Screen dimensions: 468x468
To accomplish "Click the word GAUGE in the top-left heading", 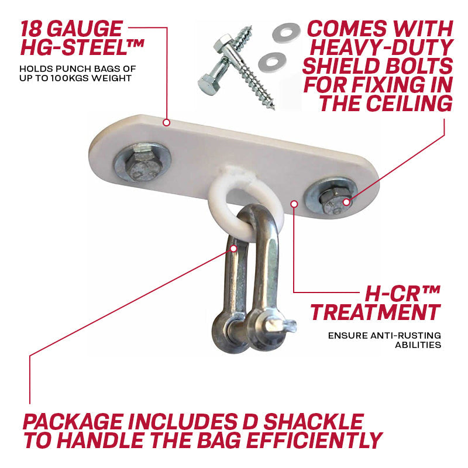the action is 85,29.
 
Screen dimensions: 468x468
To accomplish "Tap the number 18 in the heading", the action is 32,29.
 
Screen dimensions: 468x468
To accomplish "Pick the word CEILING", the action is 409,104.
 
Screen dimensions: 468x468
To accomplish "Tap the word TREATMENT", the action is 376,312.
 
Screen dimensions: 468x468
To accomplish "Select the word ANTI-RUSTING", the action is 405,335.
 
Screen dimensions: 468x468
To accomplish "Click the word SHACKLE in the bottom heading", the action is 314,421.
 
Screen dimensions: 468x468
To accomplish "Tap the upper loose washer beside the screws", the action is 286,32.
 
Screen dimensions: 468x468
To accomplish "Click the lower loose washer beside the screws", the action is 272,62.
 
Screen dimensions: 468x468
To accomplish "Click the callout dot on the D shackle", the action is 234,248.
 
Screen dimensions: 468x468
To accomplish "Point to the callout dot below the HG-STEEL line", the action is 167,122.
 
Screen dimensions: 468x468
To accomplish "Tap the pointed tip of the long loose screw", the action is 273,108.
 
